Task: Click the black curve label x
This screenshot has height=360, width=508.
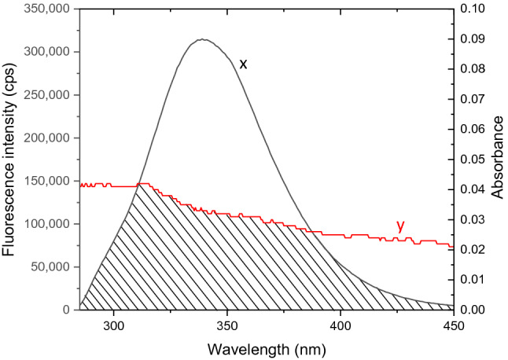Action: [x=243, y=64]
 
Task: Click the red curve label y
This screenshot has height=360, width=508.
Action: [x=400, y=226]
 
